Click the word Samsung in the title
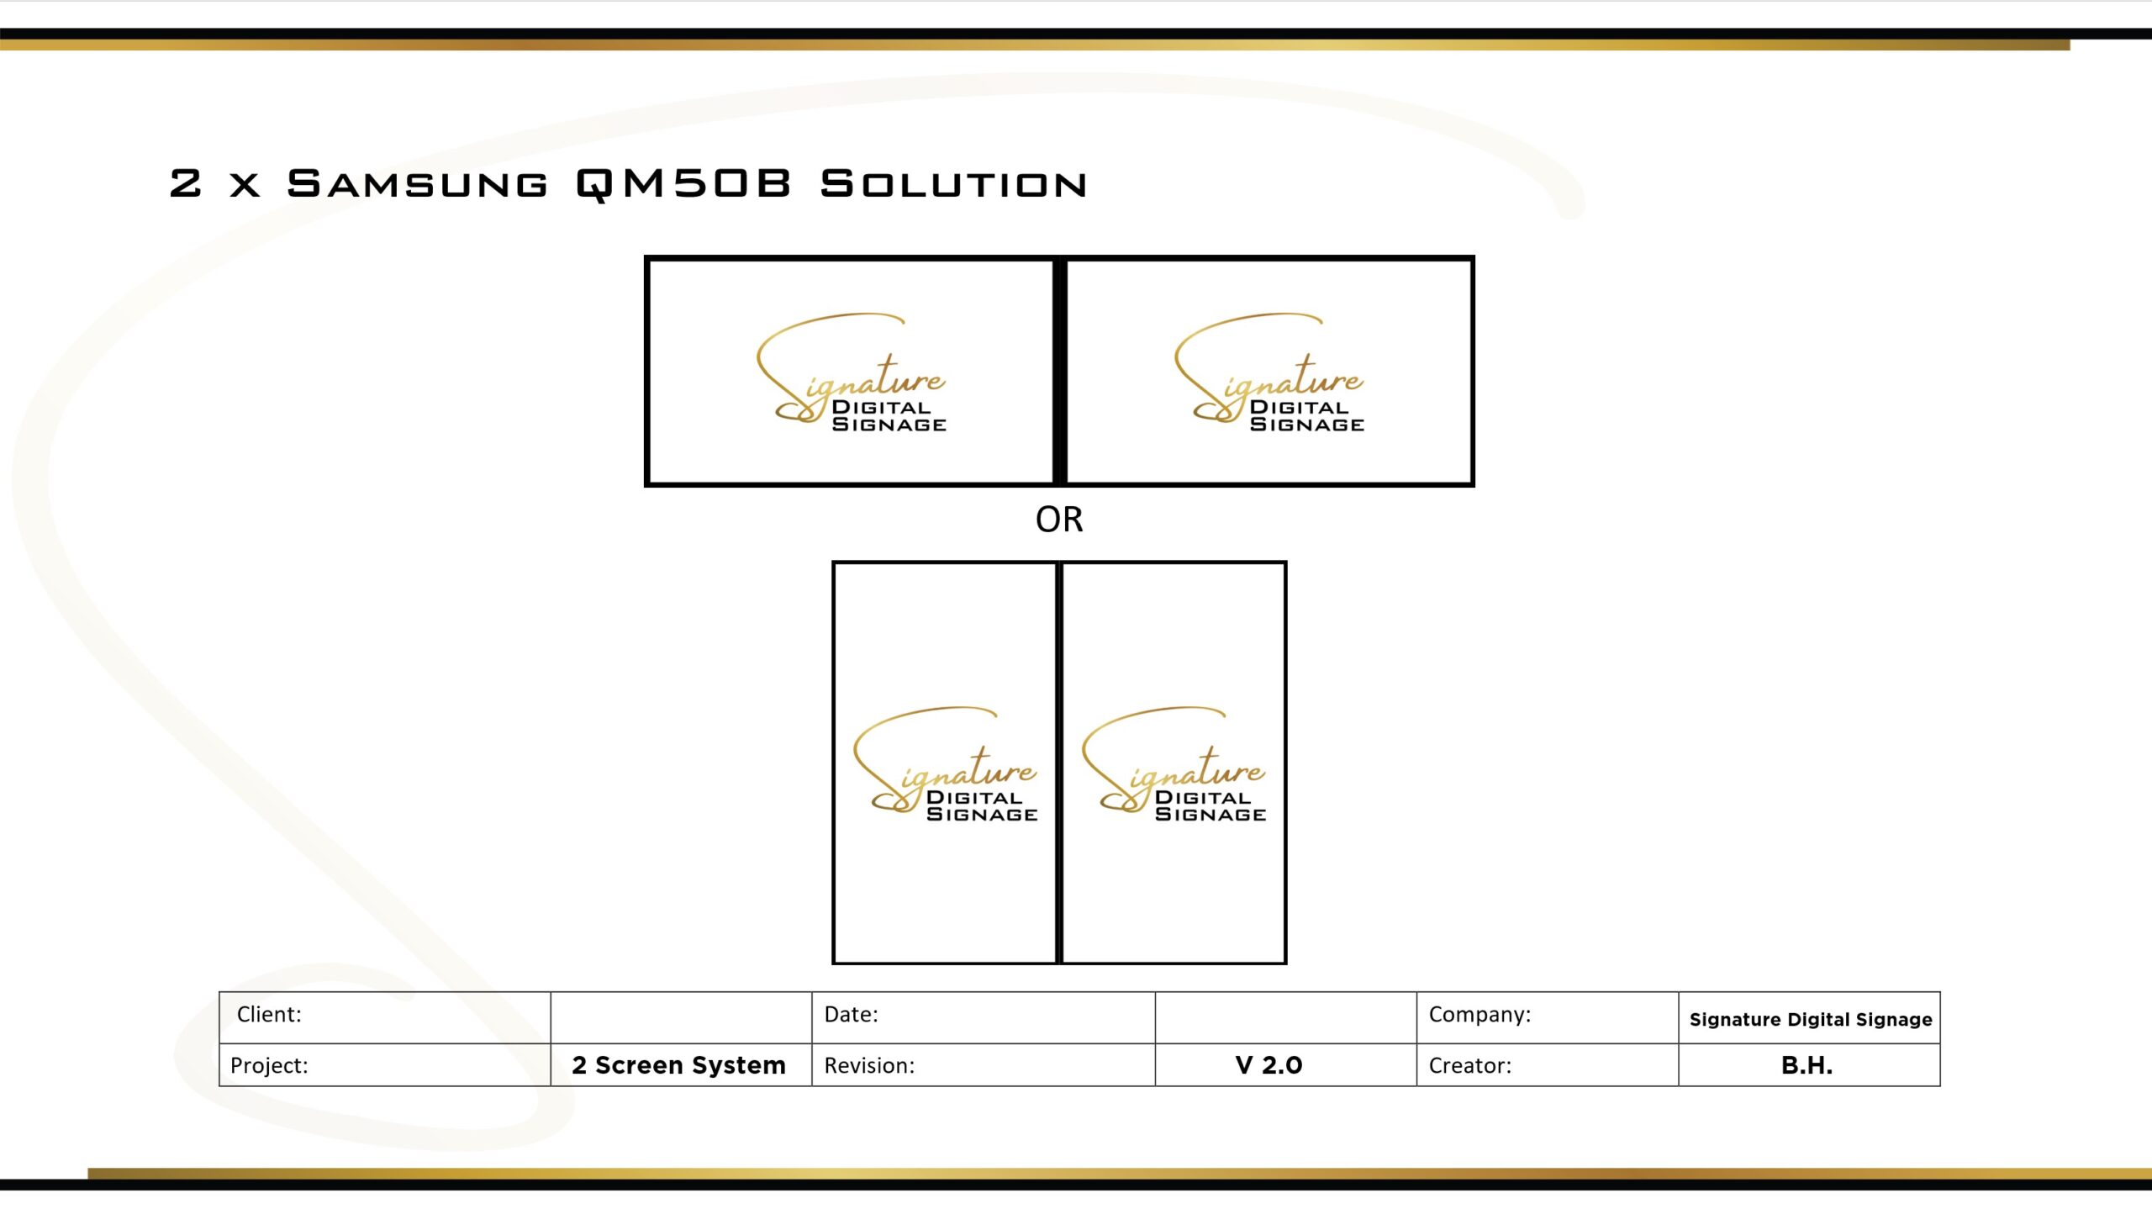[x=417, y=184]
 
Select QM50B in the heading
[x=683, y=184]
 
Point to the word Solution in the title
[x=953, y=184]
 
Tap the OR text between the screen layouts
[x=1059, y=520]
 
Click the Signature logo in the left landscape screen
[x=852, y=372]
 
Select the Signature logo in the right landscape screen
[x=1269, y=372]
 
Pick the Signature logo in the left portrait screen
[x=946, y=764]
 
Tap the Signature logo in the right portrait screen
[x=1174, y=764]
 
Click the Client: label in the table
[x=269, y=1015]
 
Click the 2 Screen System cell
[x=679, y=1065]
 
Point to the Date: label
[x=851, y=1015]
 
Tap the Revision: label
[x=869, y=1065]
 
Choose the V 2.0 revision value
[x=1269, y=1065]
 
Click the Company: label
[x=1480, y=1015]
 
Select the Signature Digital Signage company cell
[x=1811, y=1020]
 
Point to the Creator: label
[x=1470, y=1065]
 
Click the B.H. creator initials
[x=1807, y=1065]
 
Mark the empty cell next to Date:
[x=1286, y=1017]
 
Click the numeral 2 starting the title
[x=186, y=184]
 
